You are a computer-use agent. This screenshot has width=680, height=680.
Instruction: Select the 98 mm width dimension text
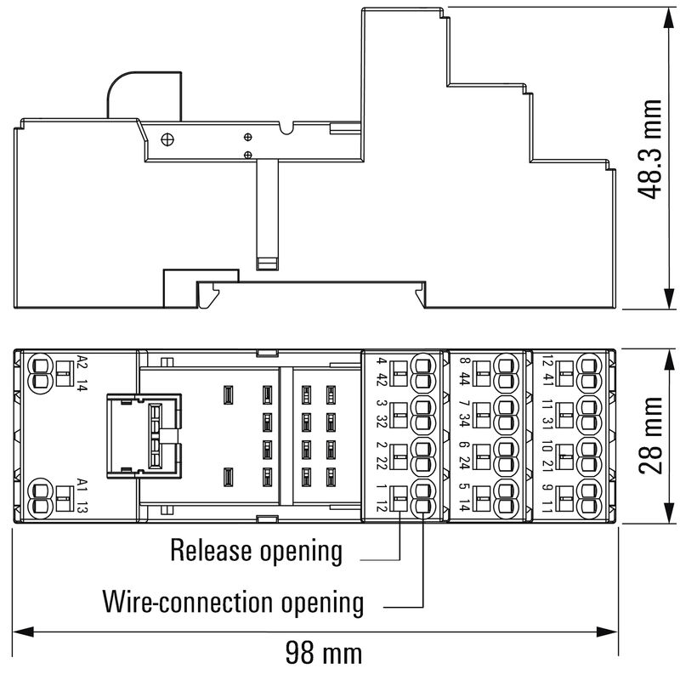(x=323, y=653)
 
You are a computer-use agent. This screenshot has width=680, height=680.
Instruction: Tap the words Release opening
(x=256, y=551)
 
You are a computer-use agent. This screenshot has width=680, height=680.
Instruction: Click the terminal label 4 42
(x=381, y=371)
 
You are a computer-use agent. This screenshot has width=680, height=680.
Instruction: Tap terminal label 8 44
(x=464, y=371)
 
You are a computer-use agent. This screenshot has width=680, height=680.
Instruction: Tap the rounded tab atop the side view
(x=144, y=93)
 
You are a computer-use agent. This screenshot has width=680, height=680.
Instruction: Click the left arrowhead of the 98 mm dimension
(x=22, y=631)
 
